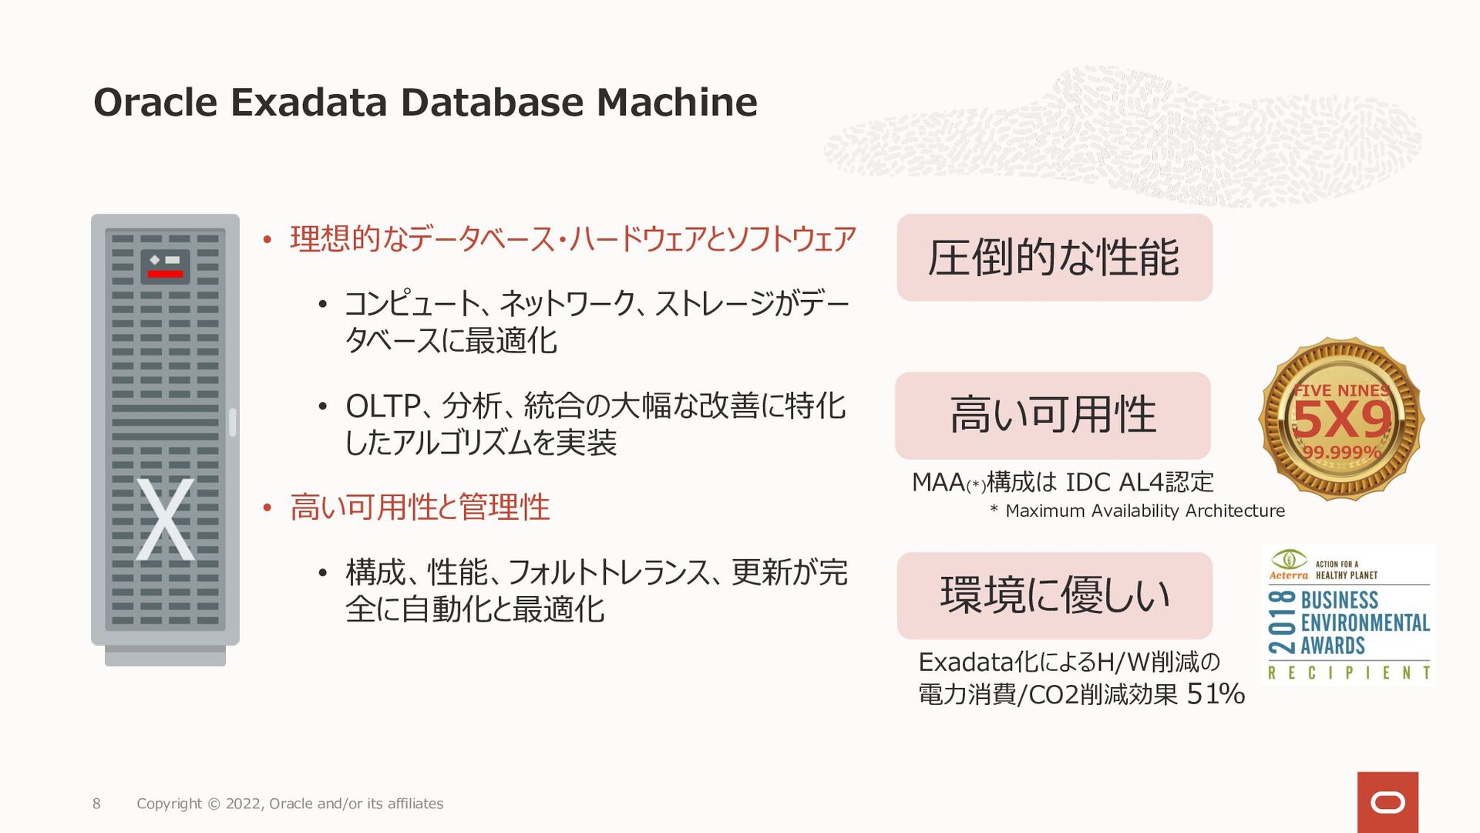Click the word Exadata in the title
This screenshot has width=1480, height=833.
pyautogui.click(x=308, y=103)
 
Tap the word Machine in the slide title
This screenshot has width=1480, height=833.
pyautogui.click(x=677, y=103)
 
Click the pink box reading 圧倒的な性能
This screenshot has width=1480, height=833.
pyautogui.click(x=1054, y=258)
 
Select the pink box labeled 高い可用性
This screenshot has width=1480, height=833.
pyautogui.click(x=1053, y=416)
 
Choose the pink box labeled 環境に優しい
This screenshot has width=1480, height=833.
pyautogui.click(x=1054, y=595)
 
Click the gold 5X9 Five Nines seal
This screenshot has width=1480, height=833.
pyautogui.click(x=1341, y=419)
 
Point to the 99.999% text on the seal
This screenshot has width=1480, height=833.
pyautogui.click(x=1341, y=452)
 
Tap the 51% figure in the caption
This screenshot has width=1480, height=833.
pyautogui.click(x=1216, y=694)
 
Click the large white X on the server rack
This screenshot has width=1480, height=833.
pyautogui.click(x=165, y=519)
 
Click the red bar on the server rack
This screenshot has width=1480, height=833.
pyautogui.click(x=165, y=274)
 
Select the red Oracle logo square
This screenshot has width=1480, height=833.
pyautogui.click(x=1387, y=802)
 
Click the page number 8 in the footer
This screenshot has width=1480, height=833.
pyautogui.click(x=96, y=804)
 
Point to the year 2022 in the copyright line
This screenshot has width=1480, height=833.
pyautogui.click(x=244, y=804)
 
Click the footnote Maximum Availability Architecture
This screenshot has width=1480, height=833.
pyautogui.click(x=1145, y=511)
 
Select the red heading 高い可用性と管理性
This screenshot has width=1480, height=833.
pyautogui.click(x=420, y=508)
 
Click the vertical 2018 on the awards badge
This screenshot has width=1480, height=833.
pyautogui.click(x=1282, y=622)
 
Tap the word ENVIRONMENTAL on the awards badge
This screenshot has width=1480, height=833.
pyautogui.click(x=1365, y=622)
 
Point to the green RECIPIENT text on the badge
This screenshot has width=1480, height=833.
pyautogui.click(x=1349, y=673)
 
